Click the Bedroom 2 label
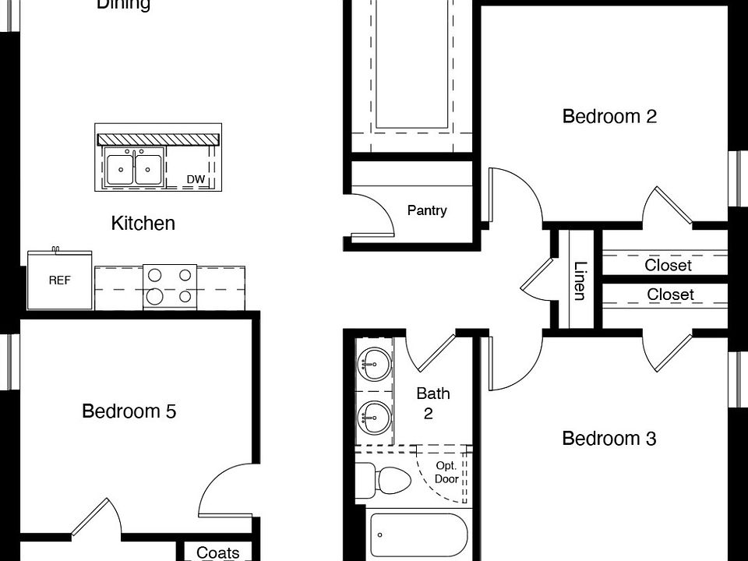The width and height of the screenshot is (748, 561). (x=609, y=117)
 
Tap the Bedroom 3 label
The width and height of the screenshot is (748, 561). (x=609, y=439)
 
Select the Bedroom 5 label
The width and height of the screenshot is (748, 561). (x=129, y=411)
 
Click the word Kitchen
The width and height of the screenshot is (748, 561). (x=143, y=224)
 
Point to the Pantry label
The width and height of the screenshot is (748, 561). (x=427, y=210)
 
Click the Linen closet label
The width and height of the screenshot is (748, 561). (x=580, y=280)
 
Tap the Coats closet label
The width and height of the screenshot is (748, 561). (x=217, y=552)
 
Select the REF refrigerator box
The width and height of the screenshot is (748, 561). (x=60, y=280)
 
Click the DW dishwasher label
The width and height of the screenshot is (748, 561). (x=196, y=180)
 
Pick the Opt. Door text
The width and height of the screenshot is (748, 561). (x=446, y=473)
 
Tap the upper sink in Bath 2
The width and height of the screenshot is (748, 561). (x=373, y=362)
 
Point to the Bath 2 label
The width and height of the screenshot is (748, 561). (x=432, y=403)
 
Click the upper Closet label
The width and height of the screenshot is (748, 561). (x=668, y=265)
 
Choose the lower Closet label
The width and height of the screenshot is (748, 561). (x=670, y=295)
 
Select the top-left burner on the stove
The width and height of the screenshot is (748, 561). (x=155, y=274)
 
